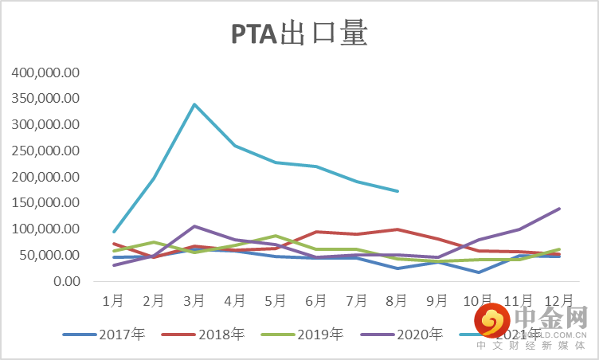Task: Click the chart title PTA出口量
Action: pos(299,34)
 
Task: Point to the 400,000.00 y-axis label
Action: pos(46,72)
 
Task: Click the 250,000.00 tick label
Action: pos(46,151)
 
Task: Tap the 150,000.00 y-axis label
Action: pos(46,203)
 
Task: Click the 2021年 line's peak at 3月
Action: pos(194,104)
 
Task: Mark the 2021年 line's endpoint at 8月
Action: pos(397,191)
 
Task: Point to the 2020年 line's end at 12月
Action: pos(559,209)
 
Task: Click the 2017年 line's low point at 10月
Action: pos(478,272)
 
